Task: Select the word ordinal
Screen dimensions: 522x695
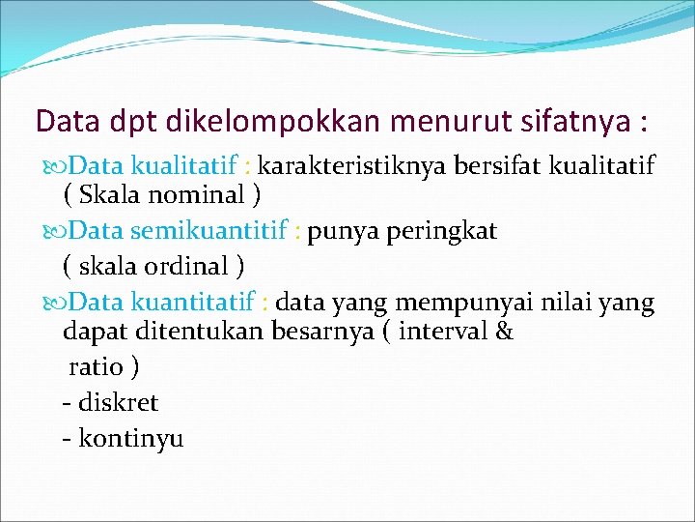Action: [x=193, y=265]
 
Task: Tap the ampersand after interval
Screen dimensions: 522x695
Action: [x=502, y=333]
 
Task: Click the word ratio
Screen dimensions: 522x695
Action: [x=96, y=367]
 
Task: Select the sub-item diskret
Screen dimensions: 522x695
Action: [x=118, y=402]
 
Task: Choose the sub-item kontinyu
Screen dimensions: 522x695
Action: [x=130, y=439]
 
